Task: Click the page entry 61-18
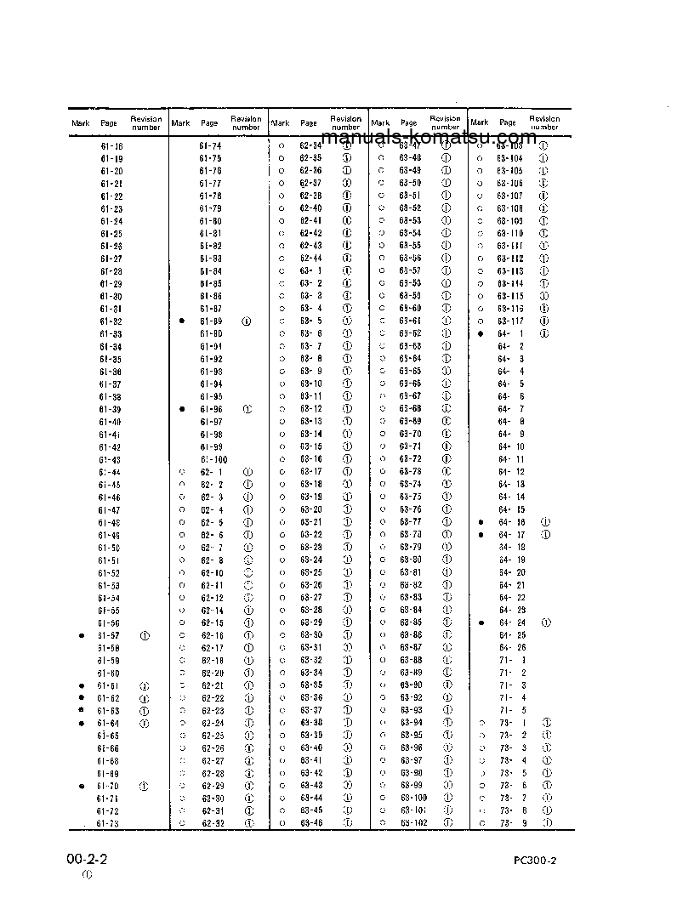(111, 146)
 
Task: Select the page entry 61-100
(213, 458)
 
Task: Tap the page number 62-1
(212, 471)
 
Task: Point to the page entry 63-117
(510, 321)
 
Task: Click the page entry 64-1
(510, 333)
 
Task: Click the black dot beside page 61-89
(182, 321)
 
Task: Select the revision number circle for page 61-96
(247, 409)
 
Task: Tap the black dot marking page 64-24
(481, 622)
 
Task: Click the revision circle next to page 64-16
(545, 521)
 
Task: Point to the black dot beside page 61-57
(82, 635)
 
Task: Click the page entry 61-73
(108, 823)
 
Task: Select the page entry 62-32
(212, 823)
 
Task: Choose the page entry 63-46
(311, 823)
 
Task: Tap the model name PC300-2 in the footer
(535, 860)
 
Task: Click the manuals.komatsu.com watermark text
(429, 138)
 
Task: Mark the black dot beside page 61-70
(82, 787)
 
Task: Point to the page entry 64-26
(511, 647)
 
